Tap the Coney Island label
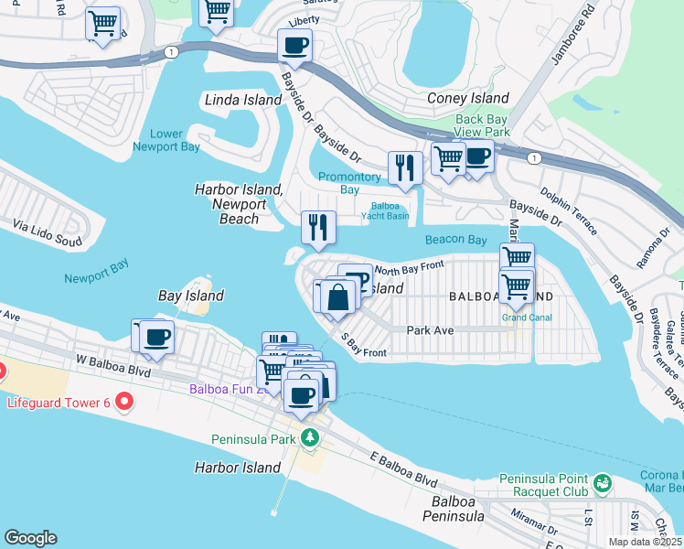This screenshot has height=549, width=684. tap(468, 98)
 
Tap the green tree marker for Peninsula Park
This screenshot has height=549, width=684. tap(311, 438)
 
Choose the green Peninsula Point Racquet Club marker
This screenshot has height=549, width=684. tap(602, 481)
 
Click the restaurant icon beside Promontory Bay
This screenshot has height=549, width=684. tap(402, 167)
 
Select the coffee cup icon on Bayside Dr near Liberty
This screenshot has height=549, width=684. tap(295, 44)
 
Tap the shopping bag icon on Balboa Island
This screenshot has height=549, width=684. tap(337, 298)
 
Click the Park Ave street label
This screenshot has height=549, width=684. tap(431, 330)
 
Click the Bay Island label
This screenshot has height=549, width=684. tap(191, 296)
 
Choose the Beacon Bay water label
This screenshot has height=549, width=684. tap(455, 240)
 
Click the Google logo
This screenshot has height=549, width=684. tap(30, 538)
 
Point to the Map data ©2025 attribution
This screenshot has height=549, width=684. tap(644, 542)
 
